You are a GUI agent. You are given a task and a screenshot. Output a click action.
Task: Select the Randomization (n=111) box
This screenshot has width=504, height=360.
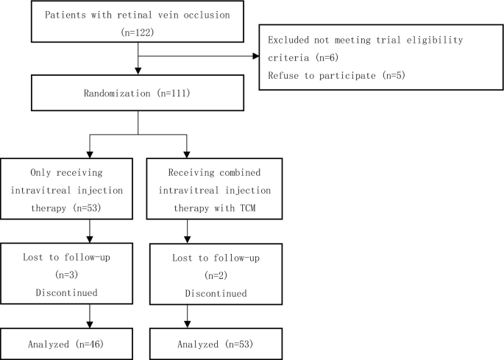138,93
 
